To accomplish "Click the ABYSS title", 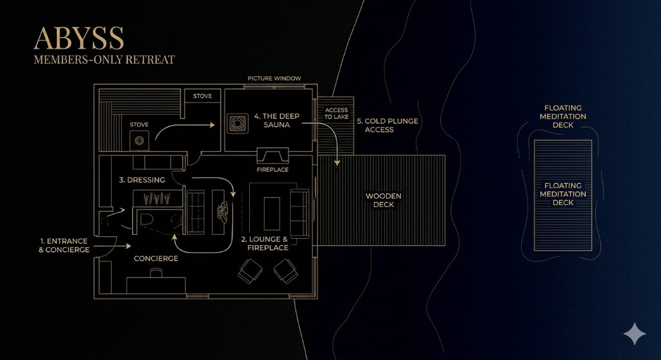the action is tap(79, 38).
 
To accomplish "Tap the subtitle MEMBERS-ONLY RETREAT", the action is tap(104, 60).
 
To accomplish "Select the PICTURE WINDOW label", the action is tap(274, 79).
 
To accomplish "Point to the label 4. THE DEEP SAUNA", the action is tap(276, 121).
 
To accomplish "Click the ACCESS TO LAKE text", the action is tap(336, 114).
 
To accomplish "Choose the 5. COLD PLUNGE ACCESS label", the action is tap(387, 125).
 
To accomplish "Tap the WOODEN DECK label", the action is tap(383, 200).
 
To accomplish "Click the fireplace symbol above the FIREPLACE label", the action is tap(273, 155).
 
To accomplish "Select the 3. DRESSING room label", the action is tap(142, 180).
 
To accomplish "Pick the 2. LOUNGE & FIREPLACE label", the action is tap(265, 243).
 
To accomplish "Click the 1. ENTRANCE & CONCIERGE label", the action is tap(64, 245).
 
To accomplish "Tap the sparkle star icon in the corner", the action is tap(635, 334).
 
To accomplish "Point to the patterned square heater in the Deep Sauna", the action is tap(238, 124).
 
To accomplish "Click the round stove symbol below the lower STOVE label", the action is tap(139, 140).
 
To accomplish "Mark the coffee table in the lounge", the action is tap(272, 214).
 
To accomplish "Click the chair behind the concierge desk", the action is tap(156, 273).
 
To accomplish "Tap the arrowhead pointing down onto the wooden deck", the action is tap(337, 163).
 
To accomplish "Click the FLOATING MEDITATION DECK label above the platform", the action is tap(563, 116).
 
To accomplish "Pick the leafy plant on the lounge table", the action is tap(223, 211).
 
